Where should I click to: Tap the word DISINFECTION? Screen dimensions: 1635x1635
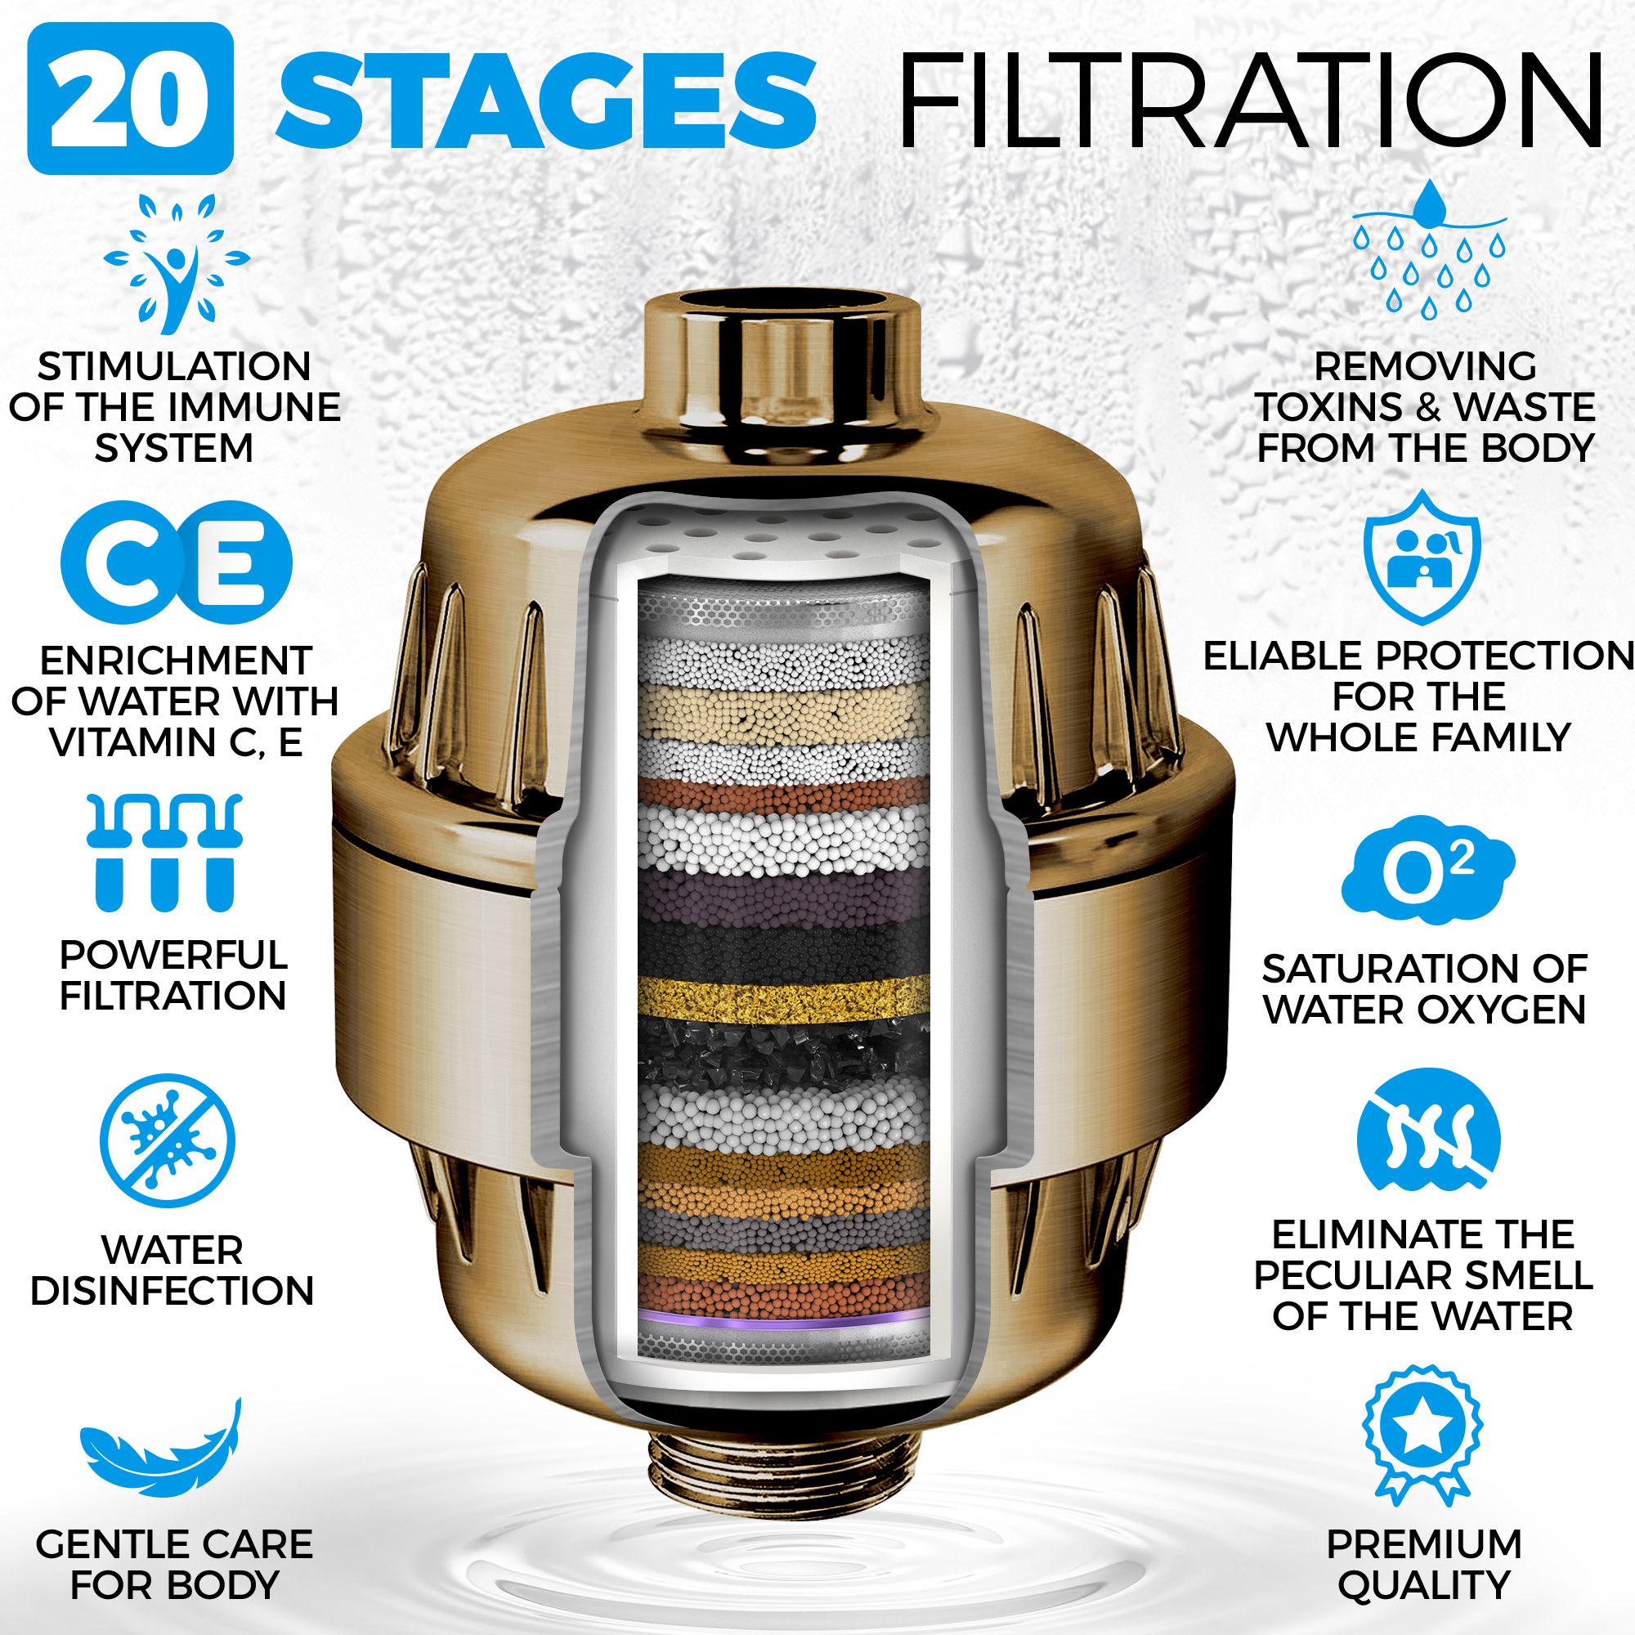172,1292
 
